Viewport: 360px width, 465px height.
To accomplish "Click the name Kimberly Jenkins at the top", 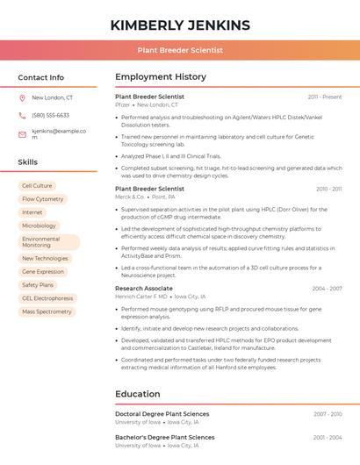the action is pos(180,25).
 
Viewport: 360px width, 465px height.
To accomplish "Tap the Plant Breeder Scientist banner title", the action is pos(180,51).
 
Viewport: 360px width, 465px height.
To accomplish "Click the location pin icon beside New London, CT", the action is pos(22,98).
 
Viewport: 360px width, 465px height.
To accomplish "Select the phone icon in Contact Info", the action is pos(22,115).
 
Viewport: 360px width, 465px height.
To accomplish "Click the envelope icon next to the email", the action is pos(22,134).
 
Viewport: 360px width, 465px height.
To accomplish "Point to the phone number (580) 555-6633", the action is pos(50,115).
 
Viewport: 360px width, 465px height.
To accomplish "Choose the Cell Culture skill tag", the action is pos(37,186).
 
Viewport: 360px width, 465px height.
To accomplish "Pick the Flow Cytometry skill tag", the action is pos(42,199).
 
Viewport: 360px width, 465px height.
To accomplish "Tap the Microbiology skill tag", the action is pos(39,225).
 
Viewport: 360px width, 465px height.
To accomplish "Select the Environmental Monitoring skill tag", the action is pos(47,242).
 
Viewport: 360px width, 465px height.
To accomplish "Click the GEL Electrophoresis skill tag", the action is pos(47,298).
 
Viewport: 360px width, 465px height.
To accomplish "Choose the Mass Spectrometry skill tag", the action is pos(47,311).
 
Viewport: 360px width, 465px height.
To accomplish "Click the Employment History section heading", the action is pos(161,77).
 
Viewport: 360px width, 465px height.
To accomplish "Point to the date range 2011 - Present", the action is pos(325,97).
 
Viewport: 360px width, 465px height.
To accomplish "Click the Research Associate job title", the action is pos(144,288).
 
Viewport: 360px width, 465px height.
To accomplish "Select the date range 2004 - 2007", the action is pos(327,289).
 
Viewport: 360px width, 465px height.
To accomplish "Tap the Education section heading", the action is pos(138,394).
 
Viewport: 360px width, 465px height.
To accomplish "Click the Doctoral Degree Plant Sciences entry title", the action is pos(162,414).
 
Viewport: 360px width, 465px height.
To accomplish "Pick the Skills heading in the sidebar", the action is pos(28,162).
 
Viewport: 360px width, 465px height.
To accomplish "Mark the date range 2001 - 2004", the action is pos(327,437).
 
